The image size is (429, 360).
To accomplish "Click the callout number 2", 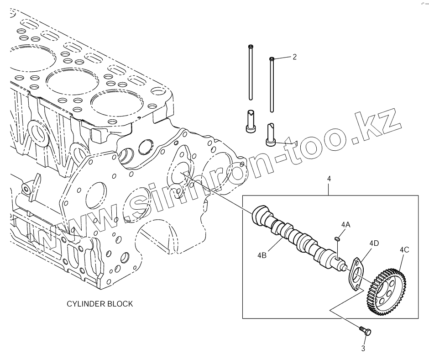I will pyautogui.click(x=294, y=57).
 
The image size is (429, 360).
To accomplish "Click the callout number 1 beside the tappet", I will pyautogui.click(x=296, y=143).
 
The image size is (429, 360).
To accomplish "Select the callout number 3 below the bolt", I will pyautogui.click(x=363, y=349).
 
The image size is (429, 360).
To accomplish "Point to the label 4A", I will pyautogui.click(x=345, y=225).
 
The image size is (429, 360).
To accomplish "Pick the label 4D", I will pyautogui.click(x=374, y=243).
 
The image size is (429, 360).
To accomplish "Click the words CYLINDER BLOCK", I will pyautogui.click(x=100, y=304).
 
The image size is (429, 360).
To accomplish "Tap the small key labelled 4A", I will pyautogui.click(x=337, y=238).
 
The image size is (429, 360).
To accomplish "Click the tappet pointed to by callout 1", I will pyautogui.click(x=271, y=135).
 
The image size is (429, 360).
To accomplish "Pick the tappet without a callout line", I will pyautogui.click(x=251, y=122).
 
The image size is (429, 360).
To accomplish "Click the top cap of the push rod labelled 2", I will pyautogui.click(x=272, y=59).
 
